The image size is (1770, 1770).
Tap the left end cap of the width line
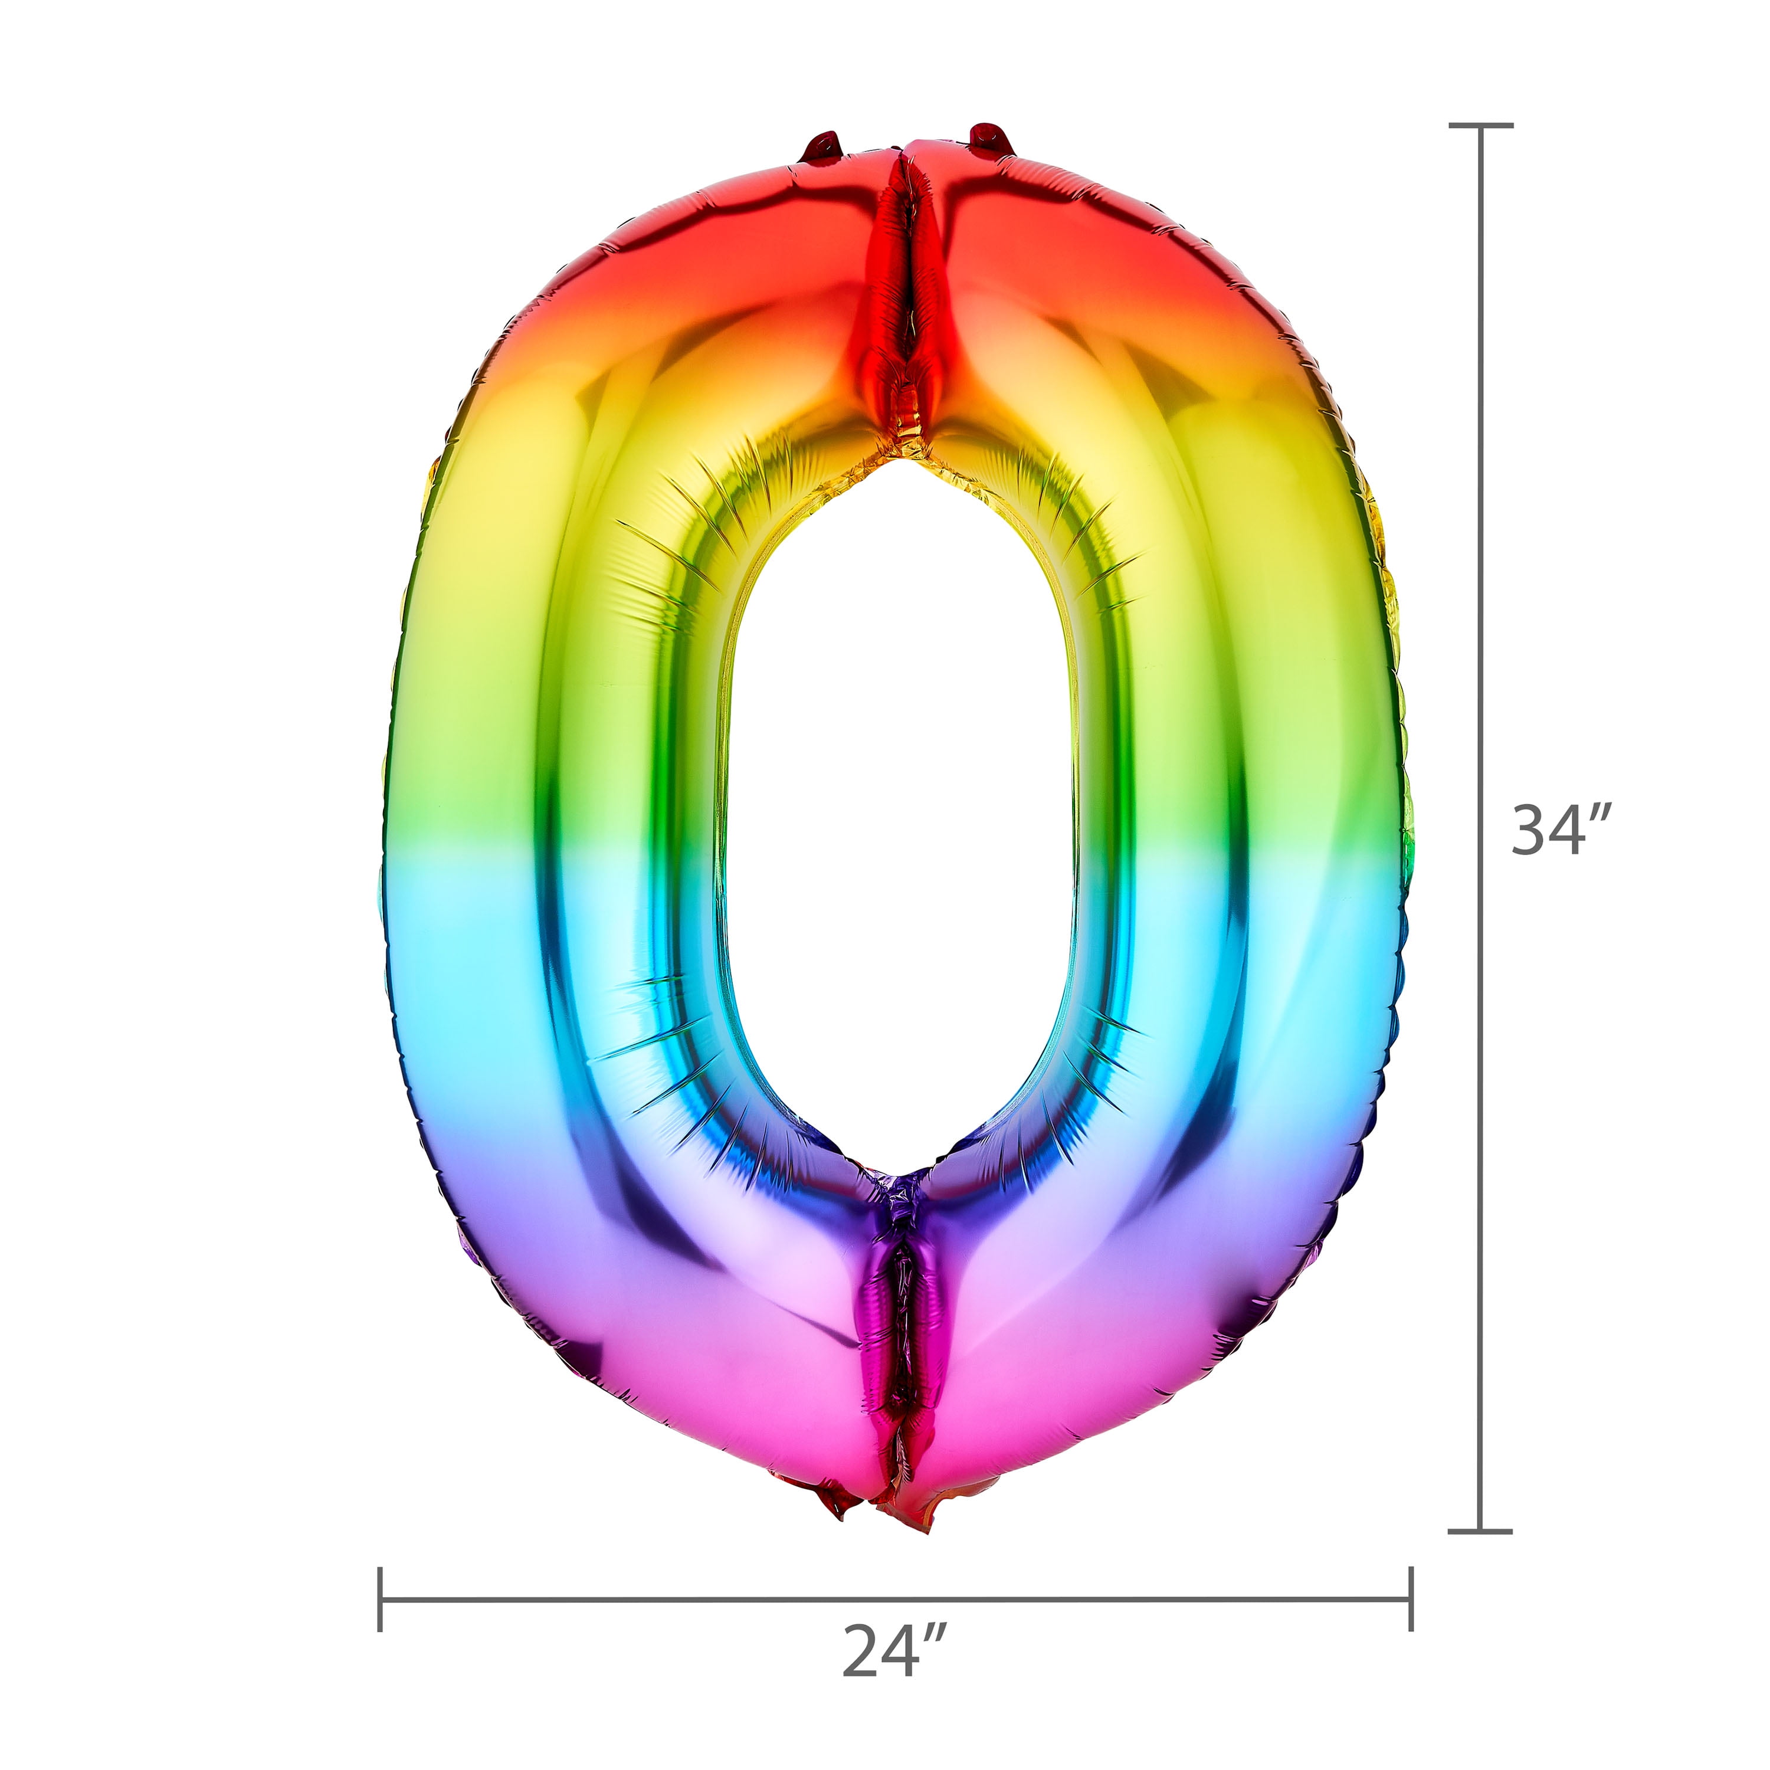coord(380,1599)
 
